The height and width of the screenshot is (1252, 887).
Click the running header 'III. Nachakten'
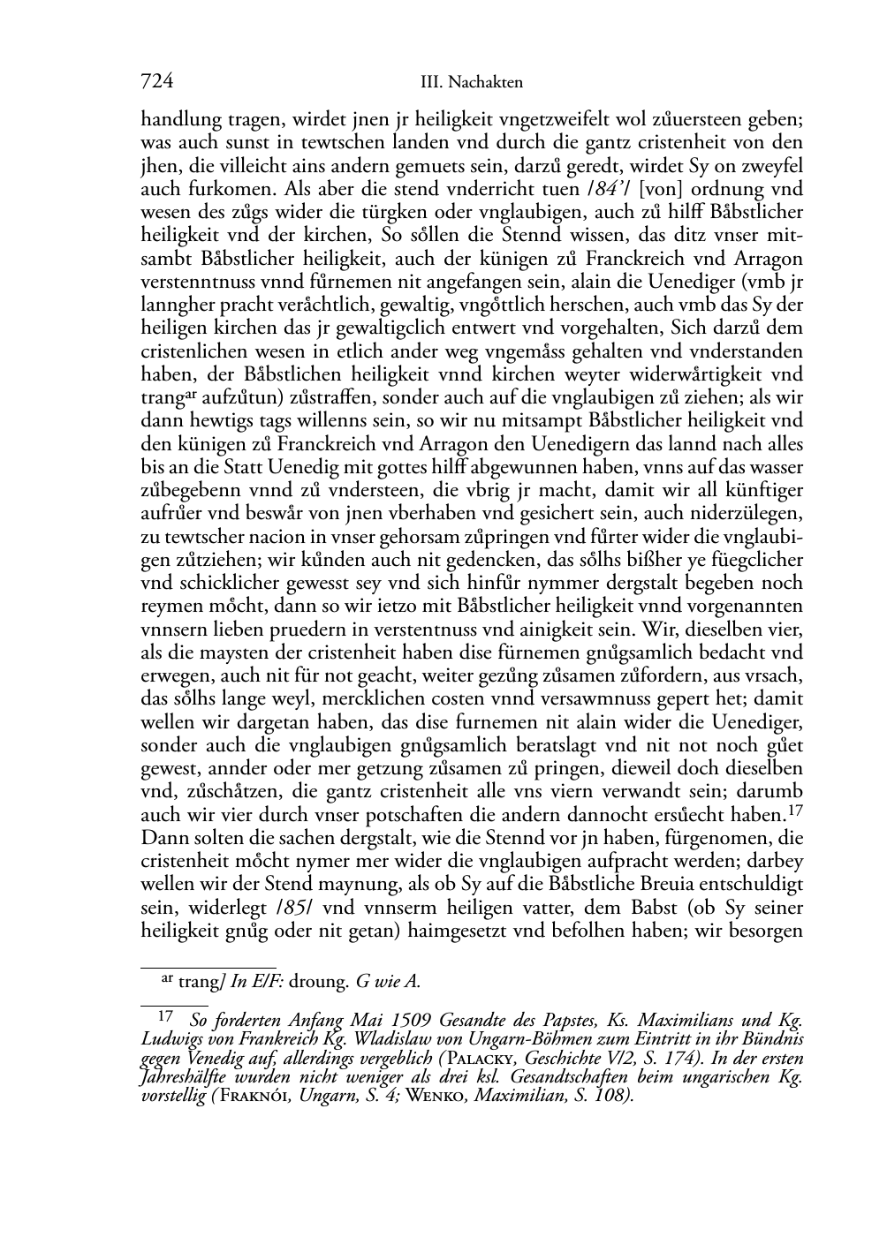[x=472, y=82]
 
